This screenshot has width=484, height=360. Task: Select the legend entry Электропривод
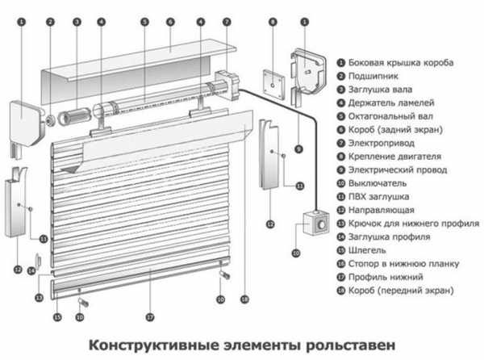377,143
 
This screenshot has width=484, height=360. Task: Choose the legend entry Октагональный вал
390,116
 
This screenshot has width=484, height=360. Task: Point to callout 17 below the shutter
149,316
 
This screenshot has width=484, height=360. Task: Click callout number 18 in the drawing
244,300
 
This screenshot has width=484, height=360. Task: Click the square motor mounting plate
272,81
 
